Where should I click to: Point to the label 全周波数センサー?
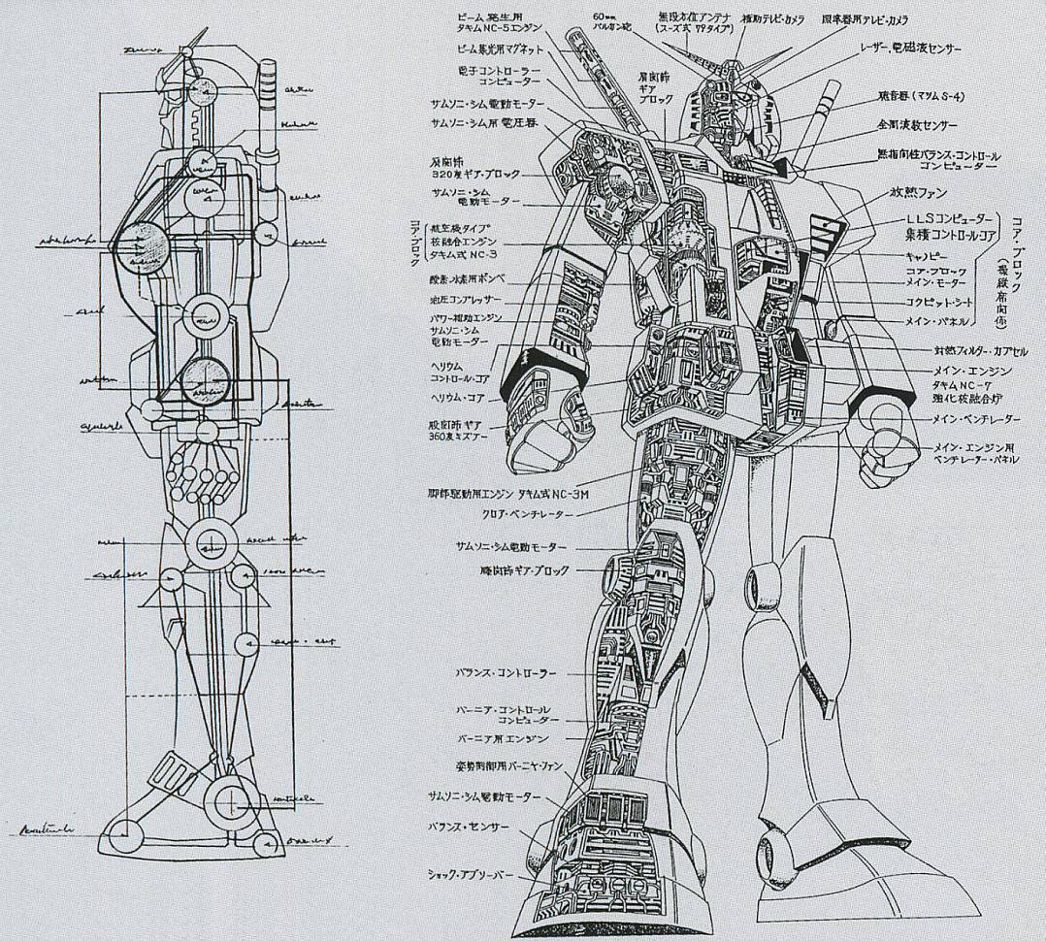pos(917,126)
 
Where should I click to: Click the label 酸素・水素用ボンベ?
pos(452,277)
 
